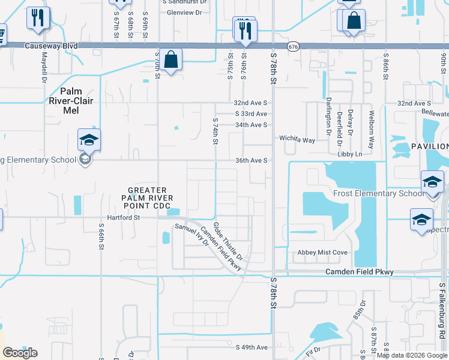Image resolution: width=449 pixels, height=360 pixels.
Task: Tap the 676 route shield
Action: click(293, 46)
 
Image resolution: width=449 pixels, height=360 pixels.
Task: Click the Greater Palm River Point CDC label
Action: click(147, 198)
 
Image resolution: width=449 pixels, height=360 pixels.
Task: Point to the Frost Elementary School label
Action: click(378, 193)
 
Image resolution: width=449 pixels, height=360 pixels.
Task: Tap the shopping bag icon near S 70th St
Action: click(171, 59)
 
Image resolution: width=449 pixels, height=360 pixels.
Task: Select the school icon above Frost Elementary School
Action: click(432, 182)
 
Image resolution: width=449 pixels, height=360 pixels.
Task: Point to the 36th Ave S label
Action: click(251, 161)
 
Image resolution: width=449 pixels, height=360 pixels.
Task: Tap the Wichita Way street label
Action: click(297, 140)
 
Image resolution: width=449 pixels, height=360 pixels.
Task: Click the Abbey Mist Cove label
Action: click(322, 253)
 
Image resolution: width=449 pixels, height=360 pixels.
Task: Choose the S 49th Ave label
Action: click(252, 347)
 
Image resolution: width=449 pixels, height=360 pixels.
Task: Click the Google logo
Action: click(20, 352)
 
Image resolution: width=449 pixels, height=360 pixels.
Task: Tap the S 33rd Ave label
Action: click(252, 114)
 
